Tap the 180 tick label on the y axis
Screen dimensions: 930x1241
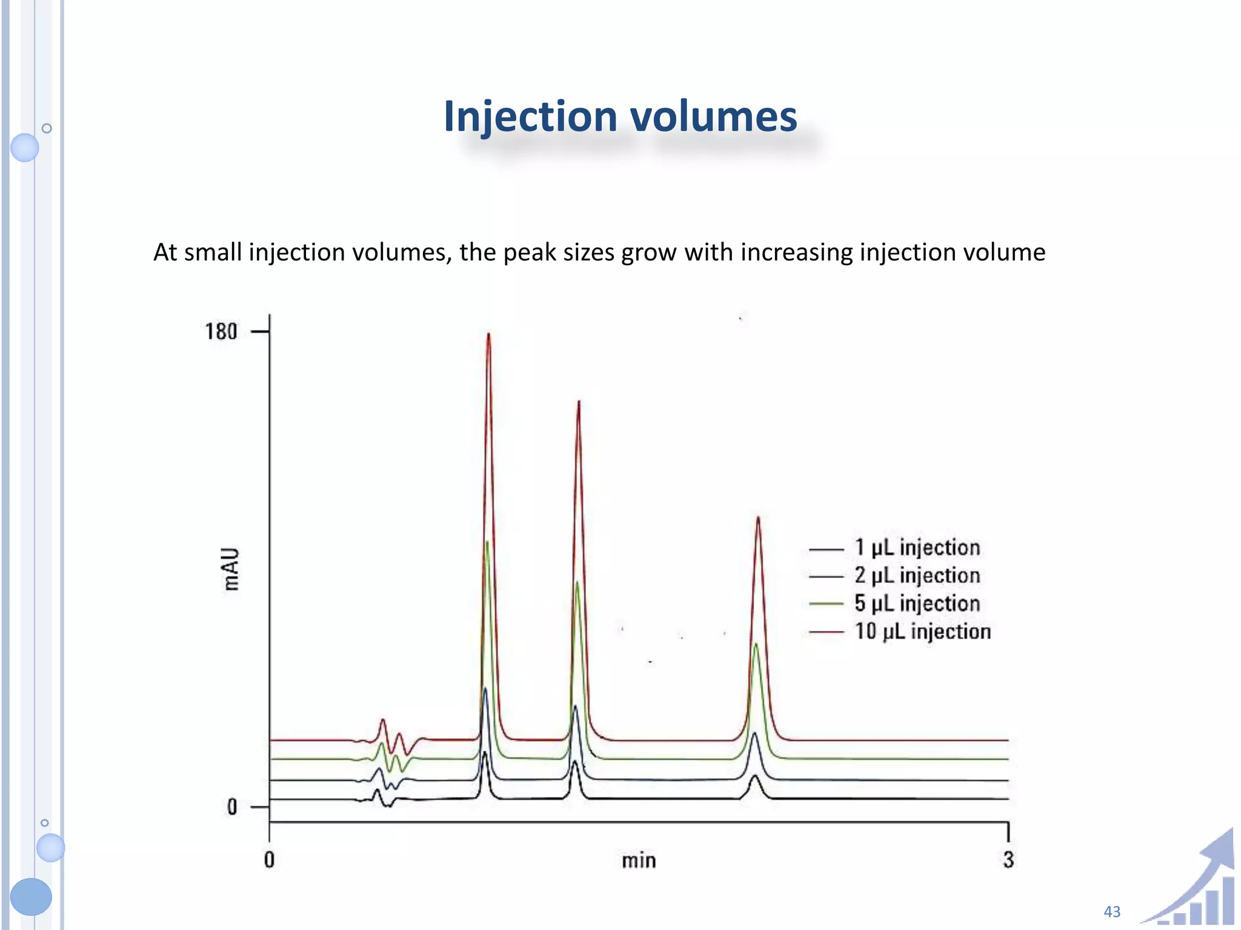221,332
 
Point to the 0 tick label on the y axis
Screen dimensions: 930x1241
232,807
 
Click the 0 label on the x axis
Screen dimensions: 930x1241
269,860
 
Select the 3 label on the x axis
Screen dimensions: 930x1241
1008,860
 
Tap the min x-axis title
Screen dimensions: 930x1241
639,860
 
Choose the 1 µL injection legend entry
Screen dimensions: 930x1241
917,547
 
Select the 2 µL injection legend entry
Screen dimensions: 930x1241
917,575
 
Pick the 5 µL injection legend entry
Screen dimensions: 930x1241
917,603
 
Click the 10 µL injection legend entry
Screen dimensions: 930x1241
922,632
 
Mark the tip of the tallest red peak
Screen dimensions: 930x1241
488,334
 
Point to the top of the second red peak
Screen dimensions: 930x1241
579,401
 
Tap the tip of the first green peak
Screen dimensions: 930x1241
487,542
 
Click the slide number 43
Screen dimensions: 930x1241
1112,911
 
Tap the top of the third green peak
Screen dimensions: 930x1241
756,644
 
